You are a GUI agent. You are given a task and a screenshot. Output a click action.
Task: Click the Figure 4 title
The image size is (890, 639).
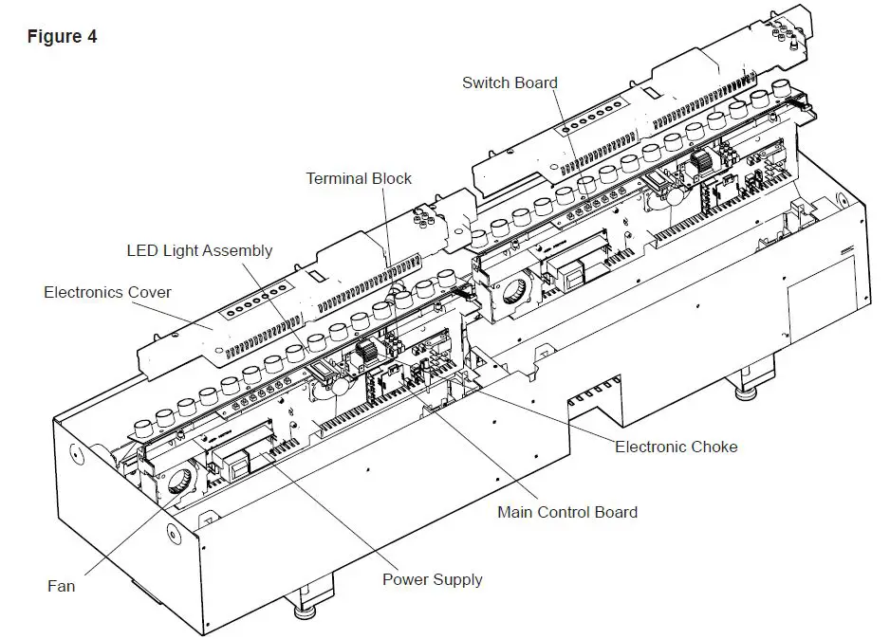click(62, 37)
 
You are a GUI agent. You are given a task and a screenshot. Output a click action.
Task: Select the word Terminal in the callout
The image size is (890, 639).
click(338, 178)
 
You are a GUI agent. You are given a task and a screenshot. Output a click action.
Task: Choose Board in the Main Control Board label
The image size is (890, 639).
click(617, 512)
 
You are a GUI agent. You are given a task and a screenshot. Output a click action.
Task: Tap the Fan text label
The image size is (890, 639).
click(61, 586)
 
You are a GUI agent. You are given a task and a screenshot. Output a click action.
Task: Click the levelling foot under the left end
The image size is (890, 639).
click(306, 607)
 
